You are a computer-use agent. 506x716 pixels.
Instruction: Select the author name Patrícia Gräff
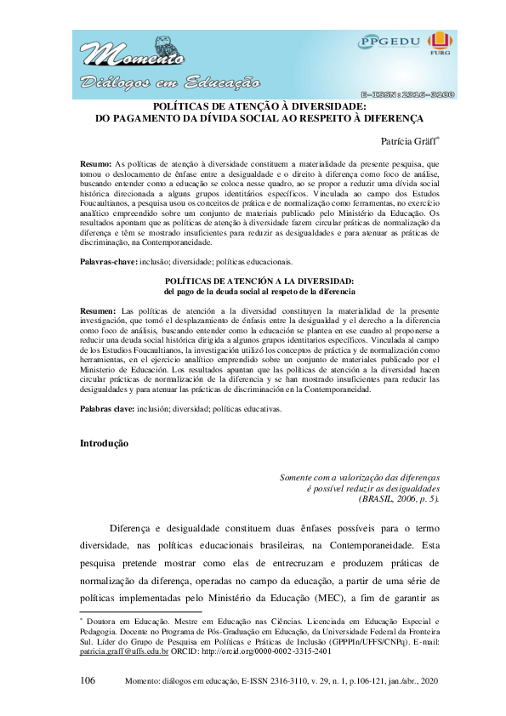409,140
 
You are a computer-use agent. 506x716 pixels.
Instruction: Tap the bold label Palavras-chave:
108,262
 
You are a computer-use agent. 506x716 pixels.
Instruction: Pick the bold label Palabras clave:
107,409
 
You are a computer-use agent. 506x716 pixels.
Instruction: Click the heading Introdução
104,444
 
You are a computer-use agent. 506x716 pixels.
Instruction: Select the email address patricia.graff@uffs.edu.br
127,651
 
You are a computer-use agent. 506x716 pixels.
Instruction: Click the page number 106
88,681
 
